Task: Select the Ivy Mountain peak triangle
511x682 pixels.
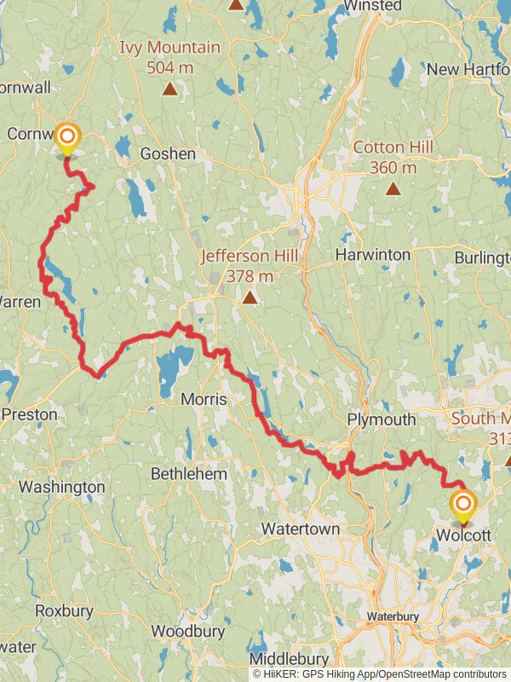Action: click(x=170, y=89)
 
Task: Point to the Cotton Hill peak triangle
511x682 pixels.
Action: click(x=393, y=188)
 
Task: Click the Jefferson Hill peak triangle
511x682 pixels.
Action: click(x=250, y=298)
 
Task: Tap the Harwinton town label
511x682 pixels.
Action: click(x=372, y=255)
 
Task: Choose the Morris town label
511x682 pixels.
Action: click(x=204, y=399)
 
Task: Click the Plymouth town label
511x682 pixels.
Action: click(x=382, y=419)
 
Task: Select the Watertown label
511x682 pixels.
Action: click(x=300, y=529)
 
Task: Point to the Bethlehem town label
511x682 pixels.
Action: click(x=188, y=473)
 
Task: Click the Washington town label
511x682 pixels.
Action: click(x=61, y=488)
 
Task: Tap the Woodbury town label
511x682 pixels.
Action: click(x=187, y=632)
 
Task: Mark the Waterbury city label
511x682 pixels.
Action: click(x=393, y=616)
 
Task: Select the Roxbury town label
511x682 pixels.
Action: click(x=58, y=610)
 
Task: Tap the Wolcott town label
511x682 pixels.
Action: click(x=462, y=535)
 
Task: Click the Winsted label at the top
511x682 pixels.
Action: click(x=372, y=6)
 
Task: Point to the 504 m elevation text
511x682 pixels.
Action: click(x=170, y=67)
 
